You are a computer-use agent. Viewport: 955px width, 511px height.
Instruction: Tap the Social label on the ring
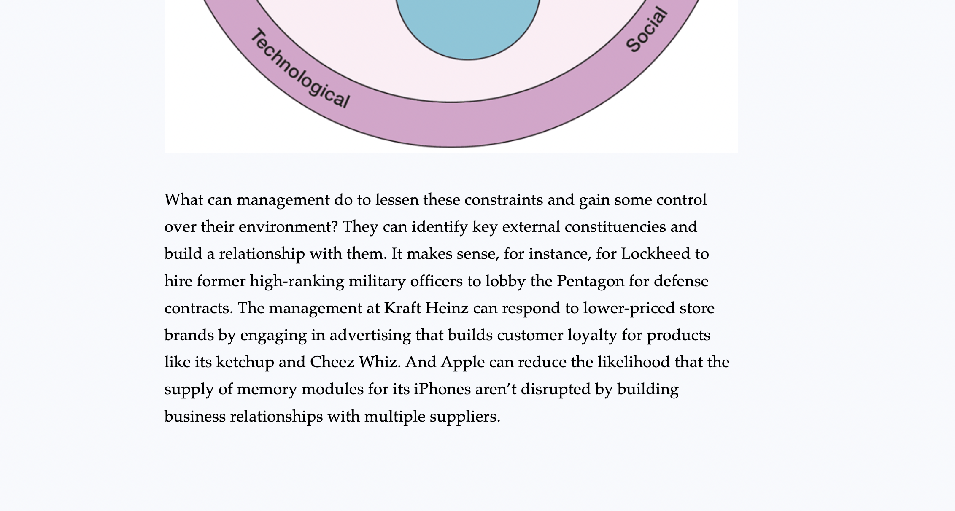[x=646, y=30]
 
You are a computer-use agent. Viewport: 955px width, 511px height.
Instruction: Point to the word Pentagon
[x=590, y=281]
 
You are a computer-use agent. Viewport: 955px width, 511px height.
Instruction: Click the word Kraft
[x=402, y=308]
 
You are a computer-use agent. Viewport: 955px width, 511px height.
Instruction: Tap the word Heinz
[x=447, y=308]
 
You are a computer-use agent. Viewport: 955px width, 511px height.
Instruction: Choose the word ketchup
[x=245, y=362]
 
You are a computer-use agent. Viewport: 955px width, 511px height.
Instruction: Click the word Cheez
[x=332, y=362]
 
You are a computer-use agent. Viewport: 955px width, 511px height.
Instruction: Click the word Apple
[x=462, y=363]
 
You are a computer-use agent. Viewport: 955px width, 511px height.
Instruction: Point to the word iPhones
[x=442, y=389]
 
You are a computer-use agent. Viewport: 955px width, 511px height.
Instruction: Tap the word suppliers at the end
[x=464, y=417]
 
